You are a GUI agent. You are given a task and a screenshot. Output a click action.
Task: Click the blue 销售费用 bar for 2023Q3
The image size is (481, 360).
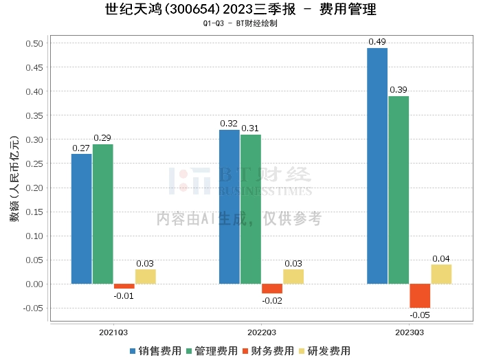pos(377,166)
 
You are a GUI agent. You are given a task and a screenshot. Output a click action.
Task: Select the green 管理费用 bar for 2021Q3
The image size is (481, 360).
pos(103,214)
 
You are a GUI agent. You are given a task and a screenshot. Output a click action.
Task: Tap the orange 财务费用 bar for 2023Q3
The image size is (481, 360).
pos(420,296)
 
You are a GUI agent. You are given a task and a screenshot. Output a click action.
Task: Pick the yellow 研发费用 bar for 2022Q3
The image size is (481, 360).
pos(293,277)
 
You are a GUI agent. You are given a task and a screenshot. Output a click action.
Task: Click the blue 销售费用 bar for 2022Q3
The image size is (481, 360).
pos(230,207)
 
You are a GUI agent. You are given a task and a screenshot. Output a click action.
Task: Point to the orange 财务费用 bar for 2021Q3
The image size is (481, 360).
pos(124,286)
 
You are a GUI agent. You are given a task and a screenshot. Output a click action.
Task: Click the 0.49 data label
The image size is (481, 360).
pos(377,42)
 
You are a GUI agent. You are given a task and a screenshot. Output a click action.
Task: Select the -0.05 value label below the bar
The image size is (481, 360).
pos(420,315)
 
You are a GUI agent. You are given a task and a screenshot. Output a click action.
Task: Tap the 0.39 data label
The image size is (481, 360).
pos(398,90)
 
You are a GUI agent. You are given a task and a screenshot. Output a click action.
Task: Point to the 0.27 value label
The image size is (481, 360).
pos(81,148)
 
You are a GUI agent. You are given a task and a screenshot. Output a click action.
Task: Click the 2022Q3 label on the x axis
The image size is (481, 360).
pos(262,333)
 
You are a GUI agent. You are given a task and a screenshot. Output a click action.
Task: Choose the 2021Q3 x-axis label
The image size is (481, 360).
pos(113,333)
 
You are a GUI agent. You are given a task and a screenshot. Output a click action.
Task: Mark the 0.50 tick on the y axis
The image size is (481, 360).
pos(34,43)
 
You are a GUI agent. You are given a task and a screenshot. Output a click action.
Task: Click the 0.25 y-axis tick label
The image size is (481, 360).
pos(34,164)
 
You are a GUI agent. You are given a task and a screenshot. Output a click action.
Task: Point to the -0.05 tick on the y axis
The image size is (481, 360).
pos(33,308)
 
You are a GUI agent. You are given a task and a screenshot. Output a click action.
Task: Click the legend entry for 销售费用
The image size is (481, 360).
pos(155,351)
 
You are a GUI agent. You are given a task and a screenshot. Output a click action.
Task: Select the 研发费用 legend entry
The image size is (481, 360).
pos(324,351)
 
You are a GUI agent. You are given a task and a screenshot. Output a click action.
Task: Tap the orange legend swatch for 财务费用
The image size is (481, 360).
pos(245,351)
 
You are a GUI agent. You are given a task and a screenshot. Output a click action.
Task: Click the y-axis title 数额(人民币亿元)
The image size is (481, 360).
pos(14,179)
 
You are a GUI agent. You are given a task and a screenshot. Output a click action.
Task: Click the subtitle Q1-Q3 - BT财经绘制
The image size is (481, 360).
pos(240,23)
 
